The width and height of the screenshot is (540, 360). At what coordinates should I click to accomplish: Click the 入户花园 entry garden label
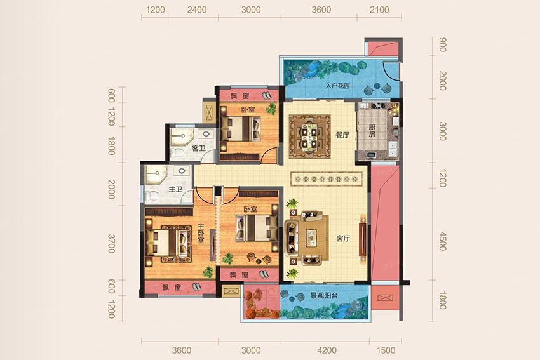337,86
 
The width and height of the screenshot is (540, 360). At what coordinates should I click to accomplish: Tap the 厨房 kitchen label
372,130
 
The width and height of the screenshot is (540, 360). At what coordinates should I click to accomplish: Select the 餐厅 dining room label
342,135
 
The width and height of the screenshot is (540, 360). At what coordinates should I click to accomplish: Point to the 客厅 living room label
343,238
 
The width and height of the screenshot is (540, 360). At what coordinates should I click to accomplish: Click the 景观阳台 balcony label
324,295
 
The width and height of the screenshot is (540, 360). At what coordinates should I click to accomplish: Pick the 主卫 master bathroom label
175,189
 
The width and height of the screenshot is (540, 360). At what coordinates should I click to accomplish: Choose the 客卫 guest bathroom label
199,149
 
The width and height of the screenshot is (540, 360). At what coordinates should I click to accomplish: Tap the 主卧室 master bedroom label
201,234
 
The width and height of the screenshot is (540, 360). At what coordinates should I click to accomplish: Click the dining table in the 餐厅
309,137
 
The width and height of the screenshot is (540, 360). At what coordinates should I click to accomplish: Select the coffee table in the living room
311,237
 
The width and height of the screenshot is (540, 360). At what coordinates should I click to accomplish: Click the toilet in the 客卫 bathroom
176,153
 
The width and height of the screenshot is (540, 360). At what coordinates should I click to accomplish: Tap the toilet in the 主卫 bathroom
152,196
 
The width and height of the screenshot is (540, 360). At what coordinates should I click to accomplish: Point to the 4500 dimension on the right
443,241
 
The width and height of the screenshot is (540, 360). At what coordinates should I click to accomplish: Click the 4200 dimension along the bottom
327,350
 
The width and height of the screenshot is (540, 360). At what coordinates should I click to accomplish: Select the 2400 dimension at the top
197,10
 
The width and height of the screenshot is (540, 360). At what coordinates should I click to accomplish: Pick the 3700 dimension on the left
111,244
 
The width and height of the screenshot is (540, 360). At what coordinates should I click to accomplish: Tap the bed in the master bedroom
168,243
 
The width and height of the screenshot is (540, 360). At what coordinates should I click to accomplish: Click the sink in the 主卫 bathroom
182,171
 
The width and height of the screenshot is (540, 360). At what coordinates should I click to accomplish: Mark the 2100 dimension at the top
379,10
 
